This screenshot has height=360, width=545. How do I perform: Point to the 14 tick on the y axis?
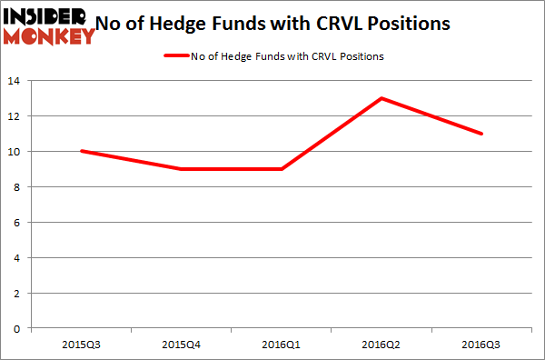(x=19, y=81)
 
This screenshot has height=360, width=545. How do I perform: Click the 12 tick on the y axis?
(x=19, y=116)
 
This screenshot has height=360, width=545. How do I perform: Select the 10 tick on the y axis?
(x=19, y=152)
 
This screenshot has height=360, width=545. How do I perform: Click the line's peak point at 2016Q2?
(x=381, y=98)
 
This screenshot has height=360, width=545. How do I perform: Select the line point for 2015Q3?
(x=81, y=151)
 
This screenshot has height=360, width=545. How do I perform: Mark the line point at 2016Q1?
(x=281, y=169)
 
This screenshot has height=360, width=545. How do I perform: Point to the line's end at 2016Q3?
(x=481, y=134)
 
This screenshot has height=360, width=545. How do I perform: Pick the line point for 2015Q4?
(x=181, y=169)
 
